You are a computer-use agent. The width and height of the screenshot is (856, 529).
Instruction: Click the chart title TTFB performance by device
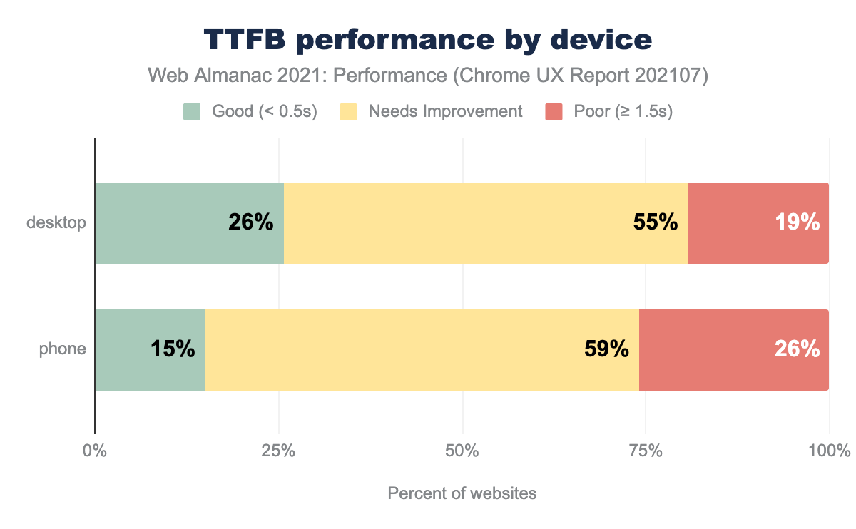[x=427, y=40]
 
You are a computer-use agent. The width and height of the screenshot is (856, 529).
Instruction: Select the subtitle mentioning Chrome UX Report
[x=427, y=76]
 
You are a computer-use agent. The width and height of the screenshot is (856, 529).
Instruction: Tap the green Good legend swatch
[x=192, y=112]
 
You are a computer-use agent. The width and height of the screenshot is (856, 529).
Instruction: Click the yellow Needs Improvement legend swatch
[x=348, y=112]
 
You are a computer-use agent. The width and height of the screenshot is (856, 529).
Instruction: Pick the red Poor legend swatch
[x=554, y=112]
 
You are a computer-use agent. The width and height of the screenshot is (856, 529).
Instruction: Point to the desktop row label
[x=56, y=222]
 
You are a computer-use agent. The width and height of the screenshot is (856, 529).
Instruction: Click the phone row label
[x=63, y=349]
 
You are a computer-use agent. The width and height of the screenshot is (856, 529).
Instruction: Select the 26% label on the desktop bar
[x=251, y=222]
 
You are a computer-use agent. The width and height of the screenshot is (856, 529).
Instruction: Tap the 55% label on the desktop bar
[x=655, y=222]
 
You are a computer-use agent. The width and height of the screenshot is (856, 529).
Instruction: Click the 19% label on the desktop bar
[x=798, y=222]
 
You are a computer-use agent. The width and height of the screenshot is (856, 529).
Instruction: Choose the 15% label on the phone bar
[x=173, y=349]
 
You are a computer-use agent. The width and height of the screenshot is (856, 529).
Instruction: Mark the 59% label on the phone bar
[x=606, y=349]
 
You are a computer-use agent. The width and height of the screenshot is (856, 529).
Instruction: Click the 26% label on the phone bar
[x=798, y=349]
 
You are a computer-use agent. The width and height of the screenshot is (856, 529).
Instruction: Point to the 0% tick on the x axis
[x=95, y=451]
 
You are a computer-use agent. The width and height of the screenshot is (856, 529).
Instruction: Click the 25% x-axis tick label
[x=278, y=451]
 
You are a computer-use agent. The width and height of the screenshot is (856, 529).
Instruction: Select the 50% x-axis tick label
[x=462, y=451]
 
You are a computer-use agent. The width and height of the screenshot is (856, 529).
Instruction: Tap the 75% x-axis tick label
[x=646, y=451]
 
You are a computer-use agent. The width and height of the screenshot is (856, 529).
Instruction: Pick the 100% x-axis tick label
[x=830, y=451]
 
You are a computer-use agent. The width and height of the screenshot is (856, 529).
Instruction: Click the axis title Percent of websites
[x=462, y=493]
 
